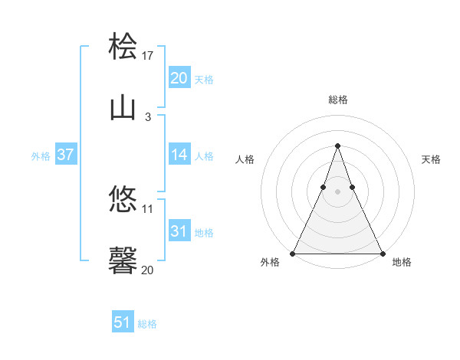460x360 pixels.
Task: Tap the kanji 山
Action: (123, 108)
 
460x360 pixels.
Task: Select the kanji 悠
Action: (123, 199)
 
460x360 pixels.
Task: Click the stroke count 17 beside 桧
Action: (149, 55)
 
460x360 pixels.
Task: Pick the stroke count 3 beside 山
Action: (148, 117)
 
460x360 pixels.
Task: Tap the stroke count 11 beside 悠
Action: (149, 208)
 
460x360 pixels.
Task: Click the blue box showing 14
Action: (179, 155)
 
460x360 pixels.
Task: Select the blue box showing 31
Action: (179, 231)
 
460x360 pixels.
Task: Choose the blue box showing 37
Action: (65, 155)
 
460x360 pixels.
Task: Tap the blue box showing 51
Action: (123, 322)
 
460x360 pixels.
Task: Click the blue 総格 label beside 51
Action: (147, 324)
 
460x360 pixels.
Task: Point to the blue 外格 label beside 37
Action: (41, 156)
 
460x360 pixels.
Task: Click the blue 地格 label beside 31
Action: (204, 233)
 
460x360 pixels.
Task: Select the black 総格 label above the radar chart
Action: (338, 100)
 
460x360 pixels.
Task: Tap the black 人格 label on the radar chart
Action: (245, 159)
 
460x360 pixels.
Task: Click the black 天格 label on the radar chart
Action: (432, 159)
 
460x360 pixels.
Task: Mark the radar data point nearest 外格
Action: (294, 253)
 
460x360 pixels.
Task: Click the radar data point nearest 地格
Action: (382, 253)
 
